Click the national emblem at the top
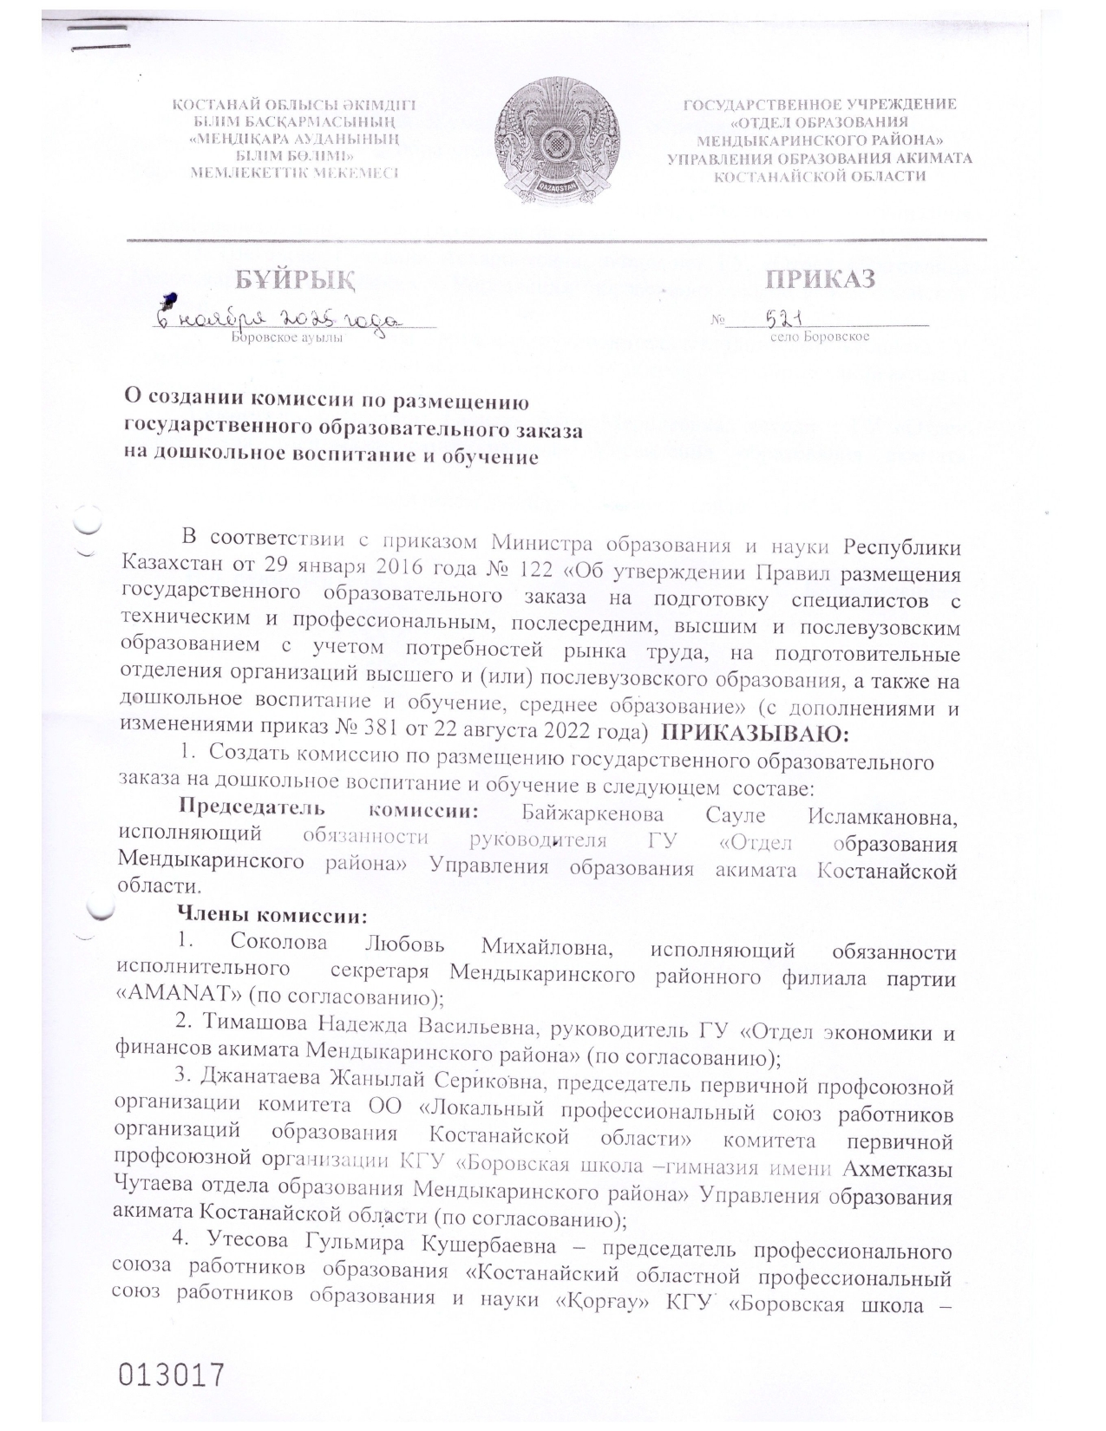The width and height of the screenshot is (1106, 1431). click(558, 139)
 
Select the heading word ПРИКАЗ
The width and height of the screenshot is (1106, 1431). click(820, 278)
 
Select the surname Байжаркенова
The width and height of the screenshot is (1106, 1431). click(593, 814)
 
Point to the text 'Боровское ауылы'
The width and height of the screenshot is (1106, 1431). click(286, 337)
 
